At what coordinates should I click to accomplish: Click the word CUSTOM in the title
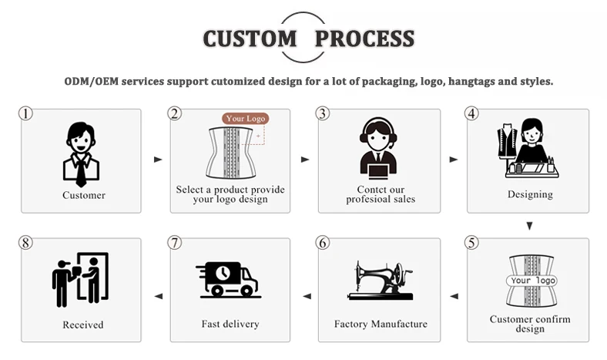point(249,38)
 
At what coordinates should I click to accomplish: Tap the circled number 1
point(26,113)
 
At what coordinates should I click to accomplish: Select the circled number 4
point(472,113)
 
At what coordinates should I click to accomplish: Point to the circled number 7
point(175,243)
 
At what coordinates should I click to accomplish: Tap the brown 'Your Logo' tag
point(246,119)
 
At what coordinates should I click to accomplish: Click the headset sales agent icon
point(379,149)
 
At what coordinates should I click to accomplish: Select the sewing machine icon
point(379,279)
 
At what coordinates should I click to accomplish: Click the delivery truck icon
point(230,279)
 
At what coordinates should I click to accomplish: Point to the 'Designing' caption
point(530,194)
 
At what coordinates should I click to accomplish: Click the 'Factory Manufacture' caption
point(381,324)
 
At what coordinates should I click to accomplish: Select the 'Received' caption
point(82,325)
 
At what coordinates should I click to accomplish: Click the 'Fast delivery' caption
point(230,324)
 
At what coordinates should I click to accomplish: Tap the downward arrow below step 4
point(529,226)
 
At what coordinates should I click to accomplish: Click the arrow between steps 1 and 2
point(158,160)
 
